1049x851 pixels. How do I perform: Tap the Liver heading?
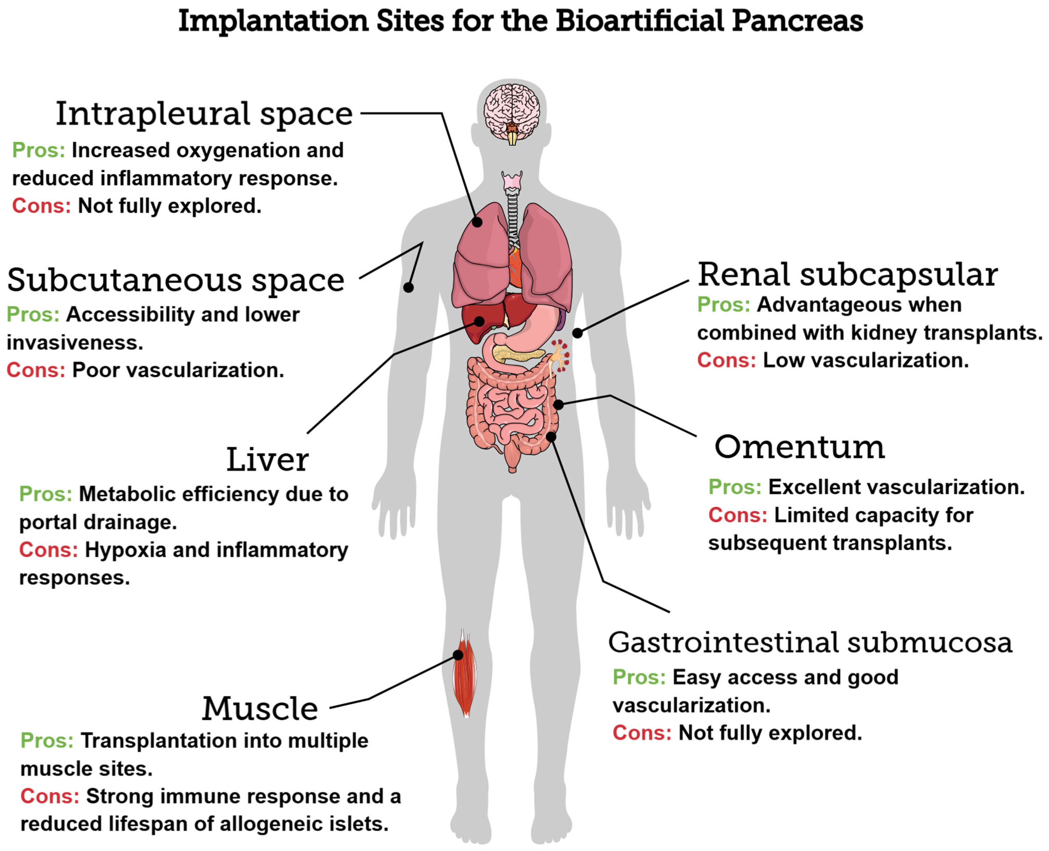coord(267,460)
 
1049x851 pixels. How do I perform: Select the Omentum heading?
coord(799,447)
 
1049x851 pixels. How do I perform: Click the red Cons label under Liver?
coord(48,550)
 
